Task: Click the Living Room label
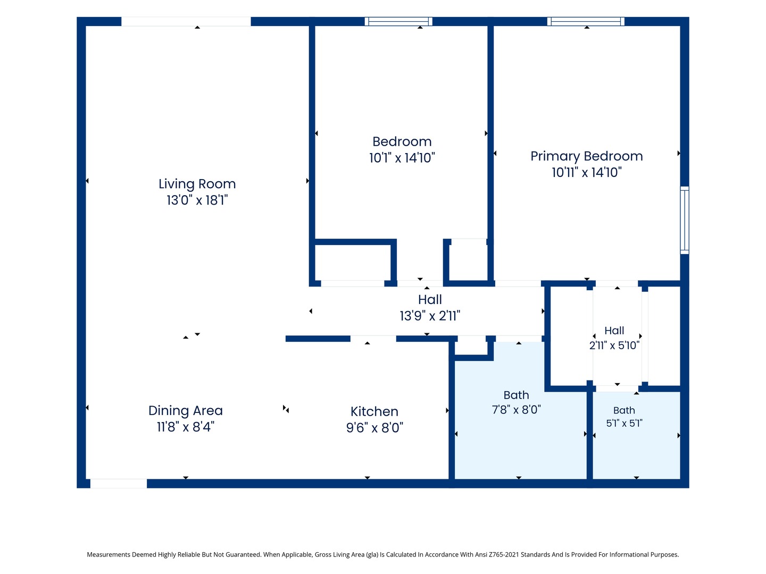coord(197,184)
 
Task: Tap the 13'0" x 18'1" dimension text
coord(197,200)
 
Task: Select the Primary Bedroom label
coord(586,156)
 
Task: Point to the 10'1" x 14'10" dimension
coord(402,158)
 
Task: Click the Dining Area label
coord(185,410)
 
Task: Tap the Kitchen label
coord(374,411)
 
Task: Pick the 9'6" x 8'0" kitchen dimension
coord(374,428)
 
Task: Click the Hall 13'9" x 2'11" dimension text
coord(430,316)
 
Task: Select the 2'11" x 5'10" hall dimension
coord(614,345)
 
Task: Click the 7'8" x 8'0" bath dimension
coord(516,409)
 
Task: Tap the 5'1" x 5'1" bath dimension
coord(624,423)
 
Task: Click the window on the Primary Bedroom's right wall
coord(684,220)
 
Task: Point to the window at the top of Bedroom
coord(398,21)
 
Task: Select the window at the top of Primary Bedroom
coord(586,21)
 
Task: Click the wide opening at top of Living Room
coord(186,21)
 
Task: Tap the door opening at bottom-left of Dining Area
coord(118,484)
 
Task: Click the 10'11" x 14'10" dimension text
coord(586,173)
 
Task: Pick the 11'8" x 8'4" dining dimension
coord(185,427)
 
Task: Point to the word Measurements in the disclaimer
coord(109,554)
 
